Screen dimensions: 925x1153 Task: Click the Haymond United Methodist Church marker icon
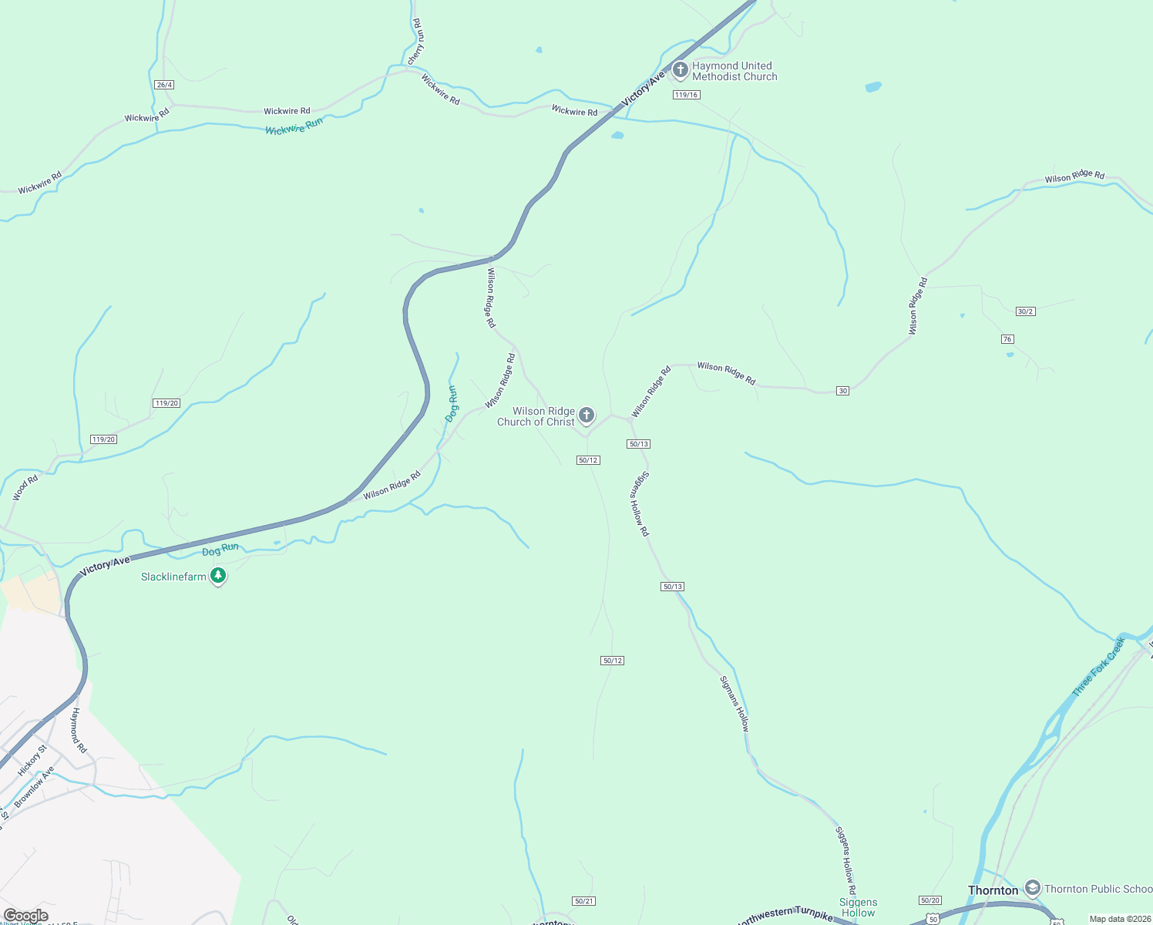pyautogui.click(x=680, y=70)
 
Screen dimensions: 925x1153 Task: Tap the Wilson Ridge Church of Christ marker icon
pyautogui.click(x=587, y=415)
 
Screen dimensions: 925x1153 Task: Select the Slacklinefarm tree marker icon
pyautogui.click(x=218, y=575)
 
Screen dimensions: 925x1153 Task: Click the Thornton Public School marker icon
pyautogui.click(x=1033, y=888)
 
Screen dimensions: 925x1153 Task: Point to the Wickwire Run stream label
pyautogui.click(x=294, y=126)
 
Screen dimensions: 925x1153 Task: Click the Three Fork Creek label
pyautogui.click(x=1098, y=667)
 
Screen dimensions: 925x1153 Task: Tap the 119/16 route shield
pyautogui.click(x=685, y=95)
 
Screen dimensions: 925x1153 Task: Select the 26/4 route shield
pyautogui.click(x=163, y=85)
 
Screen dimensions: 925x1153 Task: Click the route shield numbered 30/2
pyautogui.click(x=1025, y=311)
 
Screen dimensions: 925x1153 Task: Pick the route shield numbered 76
pyautogui.click(x=1007, y=339)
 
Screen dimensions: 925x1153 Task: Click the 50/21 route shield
pyautogui.click(x=584, y=901)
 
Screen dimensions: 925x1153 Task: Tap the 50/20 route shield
pyautogui.click(x=930, y=900)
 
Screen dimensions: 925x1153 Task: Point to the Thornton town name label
pyautogui.click(x=993, y=890)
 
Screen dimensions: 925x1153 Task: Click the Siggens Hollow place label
pyautogui.click(x=858, y=907)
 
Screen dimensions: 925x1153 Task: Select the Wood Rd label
pyautogui.click(x=25, y=489)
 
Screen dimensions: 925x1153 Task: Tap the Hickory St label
pyautogui.click(x=32, y=760)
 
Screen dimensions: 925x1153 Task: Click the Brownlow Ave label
pyautogui.click(x=35, y=786)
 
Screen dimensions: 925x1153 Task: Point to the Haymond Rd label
pyautogui.click(x=79, y=730)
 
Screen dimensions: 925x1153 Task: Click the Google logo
pyautogui.click(x=25, y=916)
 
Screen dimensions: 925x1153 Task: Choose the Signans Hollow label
pyautogui.click(x=734, y=704)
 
